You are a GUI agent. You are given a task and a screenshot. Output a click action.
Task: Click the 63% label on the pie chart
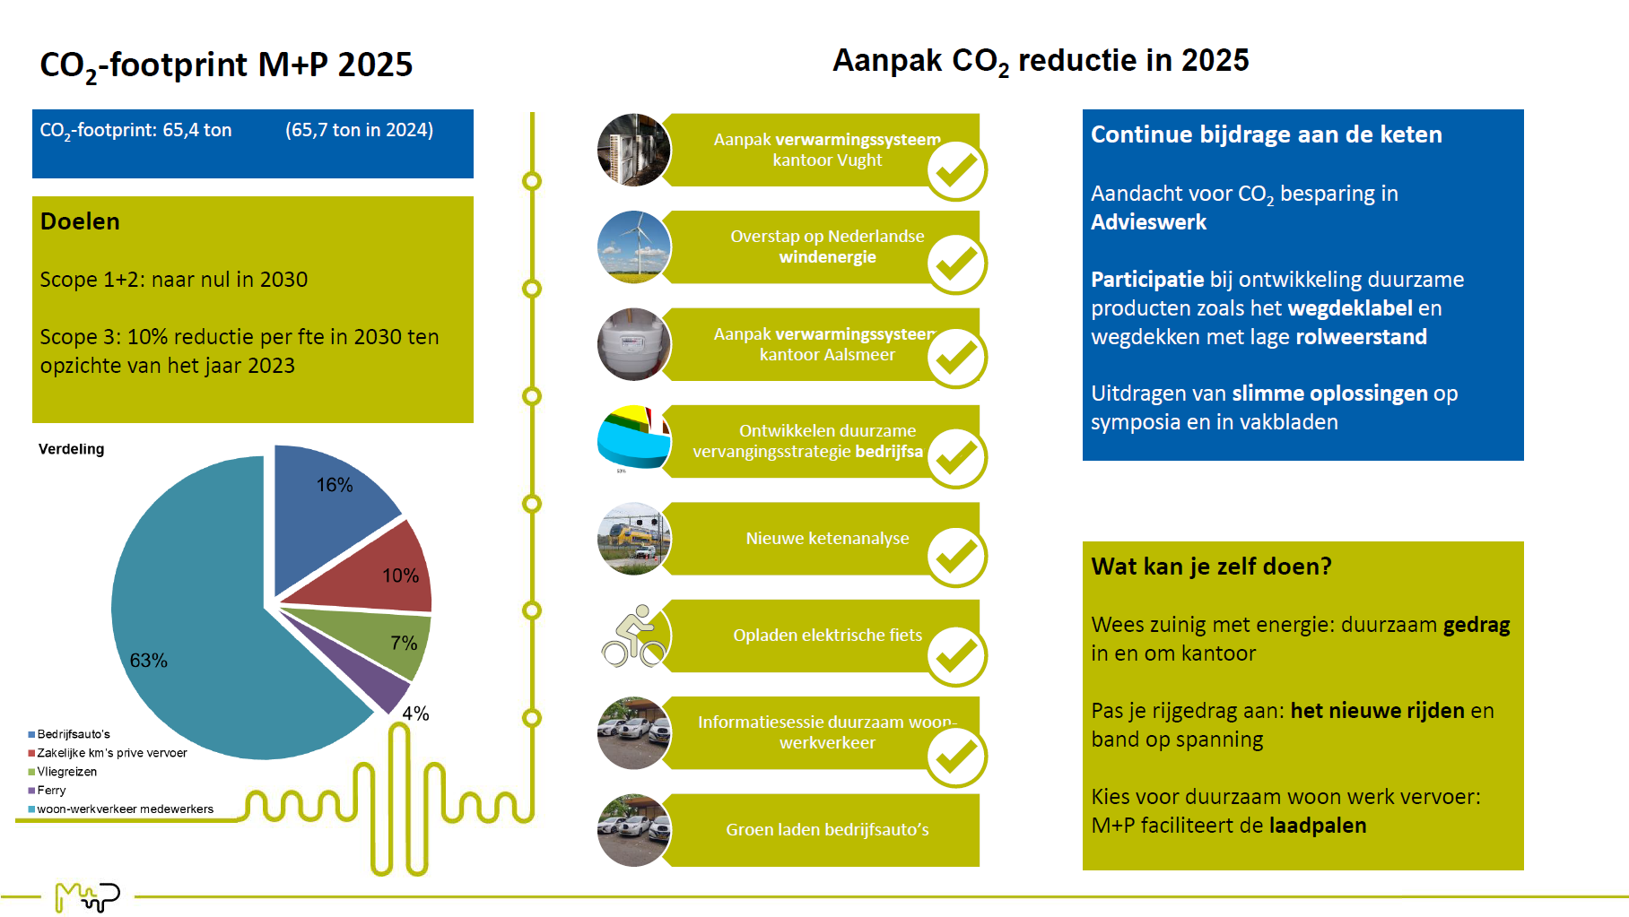148,661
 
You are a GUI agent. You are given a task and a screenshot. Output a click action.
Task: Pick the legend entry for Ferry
51,791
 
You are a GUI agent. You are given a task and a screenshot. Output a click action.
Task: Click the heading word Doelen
80,221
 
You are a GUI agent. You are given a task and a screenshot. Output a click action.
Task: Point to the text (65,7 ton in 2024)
359,130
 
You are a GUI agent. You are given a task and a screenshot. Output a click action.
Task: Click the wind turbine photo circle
634,247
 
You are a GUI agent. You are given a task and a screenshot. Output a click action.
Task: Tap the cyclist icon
634,636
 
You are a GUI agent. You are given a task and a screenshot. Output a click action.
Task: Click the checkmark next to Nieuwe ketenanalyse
956,557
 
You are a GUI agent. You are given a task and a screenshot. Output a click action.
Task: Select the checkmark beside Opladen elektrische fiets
956,656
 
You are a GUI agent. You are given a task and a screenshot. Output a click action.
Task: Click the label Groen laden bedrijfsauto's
827,830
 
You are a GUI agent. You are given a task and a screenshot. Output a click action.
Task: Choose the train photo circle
634,539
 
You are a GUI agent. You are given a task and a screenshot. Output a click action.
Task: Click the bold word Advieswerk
1148,222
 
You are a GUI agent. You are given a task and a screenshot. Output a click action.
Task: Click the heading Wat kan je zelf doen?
1211,567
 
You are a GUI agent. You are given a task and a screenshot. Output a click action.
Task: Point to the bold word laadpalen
1317,826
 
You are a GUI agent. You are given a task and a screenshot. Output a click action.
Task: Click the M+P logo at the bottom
87,895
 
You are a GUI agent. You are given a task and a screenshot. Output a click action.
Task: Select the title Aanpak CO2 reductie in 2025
1041,61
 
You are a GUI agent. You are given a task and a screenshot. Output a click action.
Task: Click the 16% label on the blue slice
334,485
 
